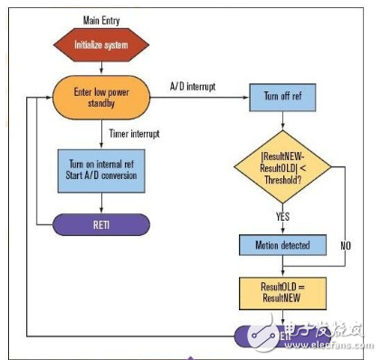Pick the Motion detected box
(x=281, y=245)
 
